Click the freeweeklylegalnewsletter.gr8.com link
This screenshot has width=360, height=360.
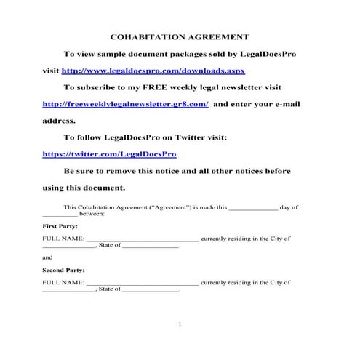[x=126, y=104]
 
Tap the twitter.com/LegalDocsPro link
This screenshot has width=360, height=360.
[x=109, y=154]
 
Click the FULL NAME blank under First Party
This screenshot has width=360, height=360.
[x=142, y=239]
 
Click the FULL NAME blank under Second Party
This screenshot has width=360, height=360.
[x=142, y=282]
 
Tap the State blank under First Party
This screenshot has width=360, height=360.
[x=151, y=247]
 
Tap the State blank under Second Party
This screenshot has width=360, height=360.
[x=151, y=290]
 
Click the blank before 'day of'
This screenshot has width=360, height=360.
[x=253, y=207]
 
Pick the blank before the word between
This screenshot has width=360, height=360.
[x=60, y=215]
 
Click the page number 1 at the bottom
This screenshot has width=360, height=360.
[x=180, y=324]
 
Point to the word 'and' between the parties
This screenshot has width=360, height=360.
[x=47, y=257]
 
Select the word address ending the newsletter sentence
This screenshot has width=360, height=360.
[x=59, y=121]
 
